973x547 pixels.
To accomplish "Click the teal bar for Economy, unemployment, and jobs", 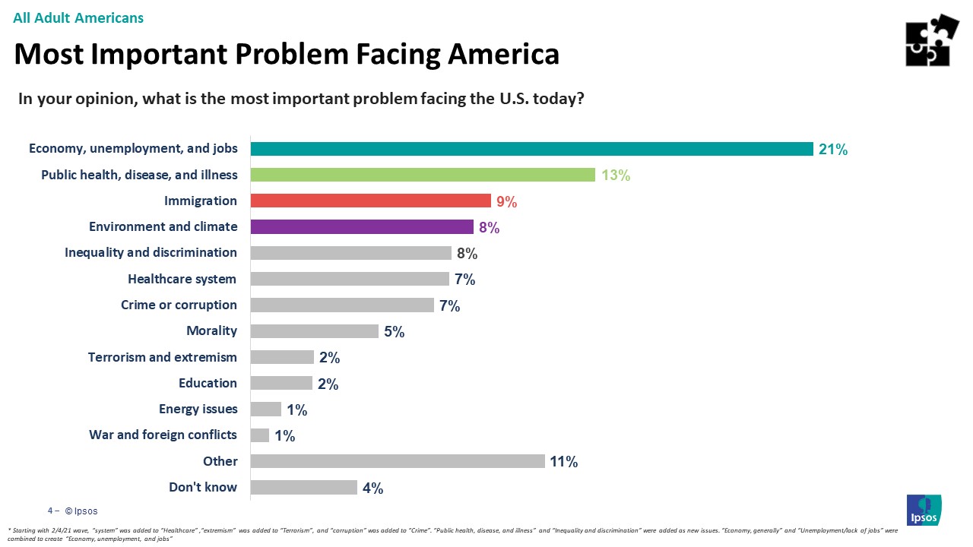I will (x=531, y=149).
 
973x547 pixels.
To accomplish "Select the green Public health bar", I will (x=423, y=175).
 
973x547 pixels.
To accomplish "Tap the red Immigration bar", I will (x=370, y=201).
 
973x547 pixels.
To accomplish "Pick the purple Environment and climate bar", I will (x=362, y=226).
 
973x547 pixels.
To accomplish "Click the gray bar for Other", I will (x=398, y=461).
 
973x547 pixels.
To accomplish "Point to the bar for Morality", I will (x=314, y=331).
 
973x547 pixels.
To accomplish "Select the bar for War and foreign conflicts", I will (x=260, y=435).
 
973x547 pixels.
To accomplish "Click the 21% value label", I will (x=833, y=150).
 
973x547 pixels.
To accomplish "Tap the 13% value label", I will (x=615, y=175).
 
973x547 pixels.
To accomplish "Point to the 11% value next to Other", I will (x=565, y=462).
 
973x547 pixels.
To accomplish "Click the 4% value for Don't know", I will (x=372, y=489).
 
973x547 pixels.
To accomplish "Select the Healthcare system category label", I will (x=182, y=279).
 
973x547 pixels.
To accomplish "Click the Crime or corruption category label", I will (x=179, y=305).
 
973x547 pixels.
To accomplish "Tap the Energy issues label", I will (x=198, y=409).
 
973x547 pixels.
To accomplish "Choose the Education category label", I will (x=208, y=383).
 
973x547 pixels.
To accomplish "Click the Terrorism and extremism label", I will (x=163, y=357).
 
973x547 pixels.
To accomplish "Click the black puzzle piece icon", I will (x=931, y=40).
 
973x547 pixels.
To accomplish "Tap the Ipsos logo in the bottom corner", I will (x=924, y=509).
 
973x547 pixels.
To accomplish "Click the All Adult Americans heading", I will (x=78, y=17).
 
